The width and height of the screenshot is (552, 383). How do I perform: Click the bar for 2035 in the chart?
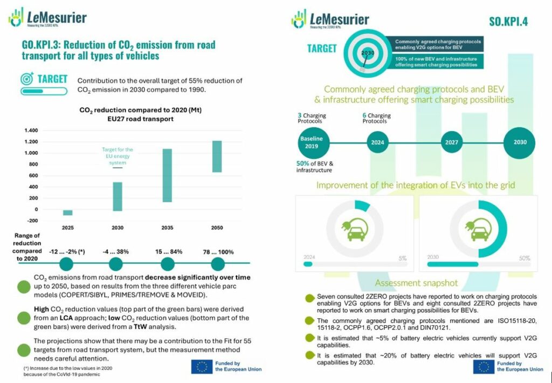tap(167, 175)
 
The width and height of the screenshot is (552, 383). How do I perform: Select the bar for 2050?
tap(217, 156)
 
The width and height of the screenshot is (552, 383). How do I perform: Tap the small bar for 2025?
tap(68, 213)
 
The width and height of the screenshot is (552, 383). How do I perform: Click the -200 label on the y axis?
tap(32, 221)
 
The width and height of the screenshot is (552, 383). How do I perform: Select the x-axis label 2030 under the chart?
tap(118, 228)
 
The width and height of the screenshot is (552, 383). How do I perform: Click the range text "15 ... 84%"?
tap(168, 251)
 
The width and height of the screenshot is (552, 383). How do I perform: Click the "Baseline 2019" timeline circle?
tap(311, 142)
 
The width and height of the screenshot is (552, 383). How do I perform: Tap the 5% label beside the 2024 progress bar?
tap(402, 258)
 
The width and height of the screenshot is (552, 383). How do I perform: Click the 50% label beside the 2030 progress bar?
tap(525, 258)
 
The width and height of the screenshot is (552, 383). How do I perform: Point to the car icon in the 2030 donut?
tap(478, 230)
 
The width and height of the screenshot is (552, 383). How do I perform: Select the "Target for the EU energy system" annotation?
tap(118, 153)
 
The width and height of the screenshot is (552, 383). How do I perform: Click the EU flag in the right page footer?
tap(483, 367)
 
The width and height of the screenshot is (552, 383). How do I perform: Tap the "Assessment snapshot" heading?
tap(416, 283)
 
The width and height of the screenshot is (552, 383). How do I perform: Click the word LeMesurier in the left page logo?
tap(57, 17)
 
